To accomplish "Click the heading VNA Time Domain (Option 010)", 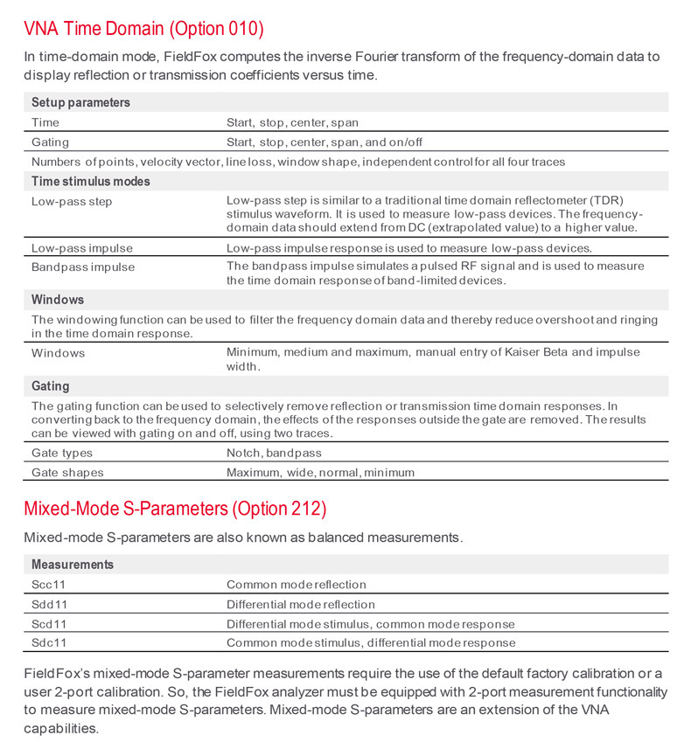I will point(143,28).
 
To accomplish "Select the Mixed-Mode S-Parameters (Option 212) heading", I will point(175,508).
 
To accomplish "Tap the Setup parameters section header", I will point(80,102).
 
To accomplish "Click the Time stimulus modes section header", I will point(91,182).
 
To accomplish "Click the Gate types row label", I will point(61,453).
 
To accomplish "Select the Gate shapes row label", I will point(67,472).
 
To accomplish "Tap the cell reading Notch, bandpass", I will point(274,453).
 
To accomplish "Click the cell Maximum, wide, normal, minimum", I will point(320,472).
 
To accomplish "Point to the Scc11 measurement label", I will point(49,584).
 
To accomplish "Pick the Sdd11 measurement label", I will point(49,604).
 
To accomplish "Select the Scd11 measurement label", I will point(49,624).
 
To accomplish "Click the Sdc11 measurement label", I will point(49,643).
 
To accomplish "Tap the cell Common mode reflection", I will point(296,584).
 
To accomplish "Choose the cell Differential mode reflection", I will point(300,604).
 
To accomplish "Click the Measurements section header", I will point(73,565).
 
